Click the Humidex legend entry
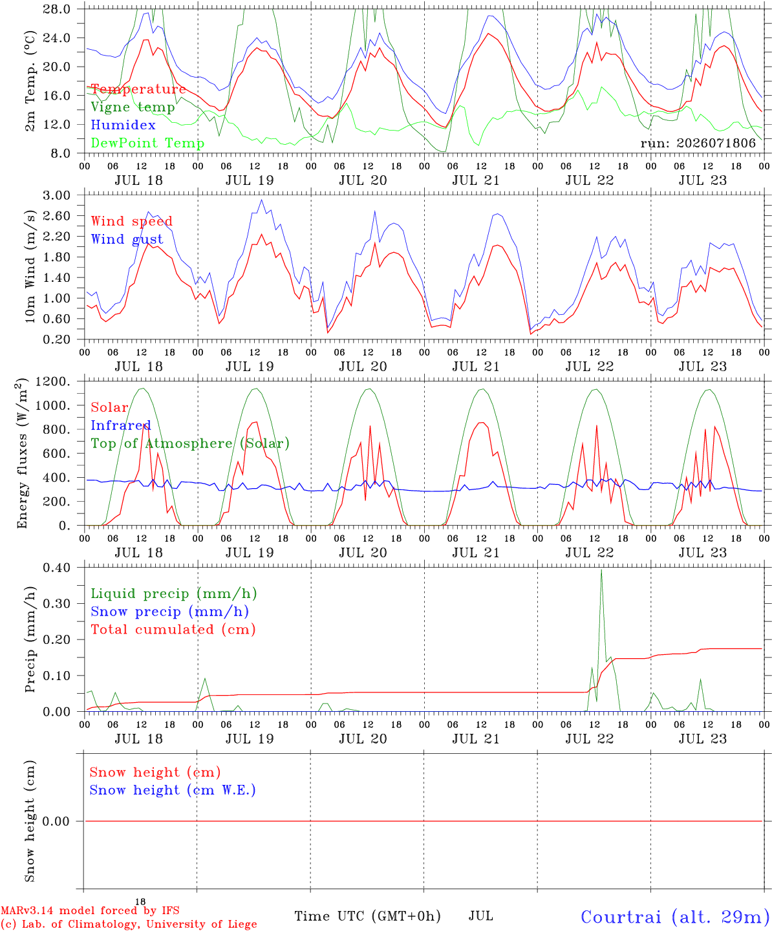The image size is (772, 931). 123,125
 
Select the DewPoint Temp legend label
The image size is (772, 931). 147,143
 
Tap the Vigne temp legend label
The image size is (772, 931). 133,107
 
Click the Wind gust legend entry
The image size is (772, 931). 127,239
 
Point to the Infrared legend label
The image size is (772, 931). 121,425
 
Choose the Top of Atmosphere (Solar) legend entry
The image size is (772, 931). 191,444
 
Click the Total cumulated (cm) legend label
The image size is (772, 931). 173,629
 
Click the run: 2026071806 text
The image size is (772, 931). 698,143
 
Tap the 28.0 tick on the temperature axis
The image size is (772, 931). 56,9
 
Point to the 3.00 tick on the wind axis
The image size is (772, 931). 56,195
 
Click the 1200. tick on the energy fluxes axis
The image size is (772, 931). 52,381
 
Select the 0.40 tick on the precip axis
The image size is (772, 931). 56,568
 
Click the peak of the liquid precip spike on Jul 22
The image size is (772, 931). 601,570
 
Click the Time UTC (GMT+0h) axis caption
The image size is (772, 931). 367,916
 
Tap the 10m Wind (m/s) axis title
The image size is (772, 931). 30,266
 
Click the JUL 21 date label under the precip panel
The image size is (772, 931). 476,739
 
